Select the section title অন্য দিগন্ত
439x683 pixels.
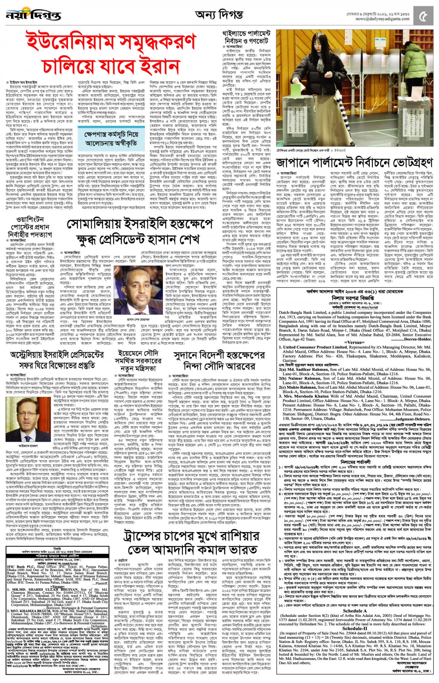click(x=219, y=15)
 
